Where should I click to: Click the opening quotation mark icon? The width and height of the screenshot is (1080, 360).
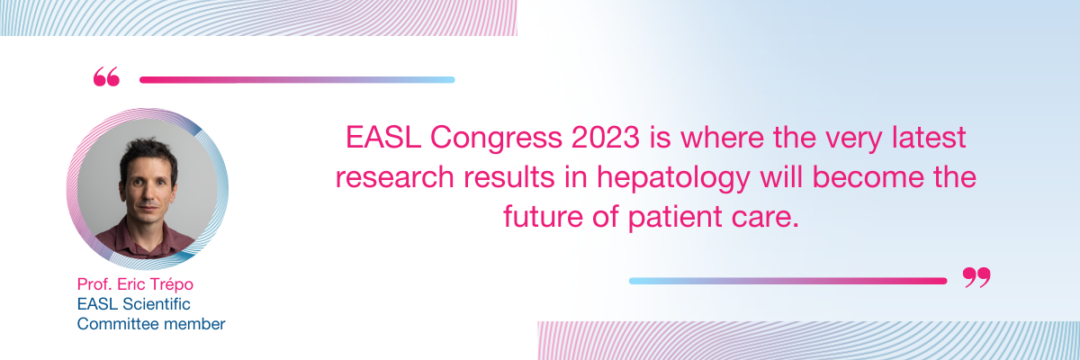click(106, 77)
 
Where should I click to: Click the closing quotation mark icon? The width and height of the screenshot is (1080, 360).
click(976, 277)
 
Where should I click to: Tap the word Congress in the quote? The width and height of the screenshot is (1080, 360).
click(496, 139)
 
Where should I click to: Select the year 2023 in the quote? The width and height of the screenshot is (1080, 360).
click(606, 138)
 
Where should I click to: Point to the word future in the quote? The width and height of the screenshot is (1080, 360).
click(544, 216)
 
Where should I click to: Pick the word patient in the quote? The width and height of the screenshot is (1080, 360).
click(675, 218)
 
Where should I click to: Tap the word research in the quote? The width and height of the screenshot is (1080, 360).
click(395, 177)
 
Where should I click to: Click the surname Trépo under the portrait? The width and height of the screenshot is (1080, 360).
click(171, 284)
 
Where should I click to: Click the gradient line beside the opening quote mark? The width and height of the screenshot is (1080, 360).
click(297, 80)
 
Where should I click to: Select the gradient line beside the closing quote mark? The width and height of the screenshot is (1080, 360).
click(787, 281)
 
